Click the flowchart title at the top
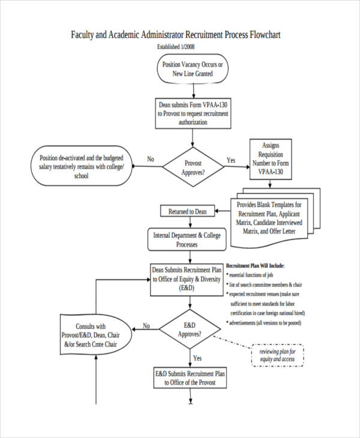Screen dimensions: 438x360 point(176,35)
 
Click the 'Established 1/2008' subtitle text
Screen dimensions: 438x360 point(176,47)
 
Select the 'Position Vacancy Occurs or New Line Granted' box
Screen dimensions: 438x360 point(192,69)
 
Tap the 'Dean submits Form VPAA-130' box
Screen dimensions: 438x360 point(193,113)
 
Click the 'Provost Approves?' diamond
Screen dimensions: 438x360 point(193,167)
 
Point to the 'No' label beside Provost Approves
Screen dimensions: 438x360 point(151,160)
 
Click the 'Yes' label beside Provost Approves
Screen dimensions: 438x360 point(230,160)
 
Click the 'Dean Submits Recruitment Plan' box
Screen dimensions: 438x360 point(187,280)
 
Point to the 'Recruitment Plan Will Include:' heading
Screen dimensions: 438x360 point(256,265)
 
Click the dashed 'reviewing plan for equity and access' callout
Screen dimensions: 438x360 point(277,355)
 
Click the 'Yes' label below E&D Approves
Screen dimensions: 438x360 point(197,358)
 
